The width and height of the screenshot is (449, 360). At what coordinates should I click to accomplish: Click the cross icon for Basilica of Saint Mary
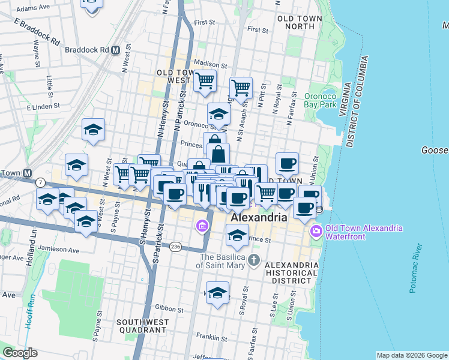[255, 260]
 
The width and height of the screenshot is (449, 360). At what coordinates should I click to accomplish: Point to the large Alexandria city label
[259, 218]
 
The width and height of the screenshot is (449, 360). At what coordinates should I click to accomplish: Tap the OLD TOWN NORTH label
[300, 23]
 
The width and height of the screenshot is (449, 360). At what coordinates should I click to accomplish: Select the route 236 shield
[175, 247]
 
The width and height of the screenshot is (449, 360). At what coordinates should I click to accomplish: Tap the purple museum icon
[202, 226]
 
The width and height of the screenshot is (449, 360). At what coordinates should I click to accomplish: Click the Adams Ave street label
[33, 9]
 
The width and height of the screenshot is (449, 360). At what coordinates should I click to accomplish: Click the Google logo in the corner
[20, 353]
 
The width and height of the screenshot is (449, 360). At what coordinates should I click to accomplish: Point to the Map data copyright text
[411, 355]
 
